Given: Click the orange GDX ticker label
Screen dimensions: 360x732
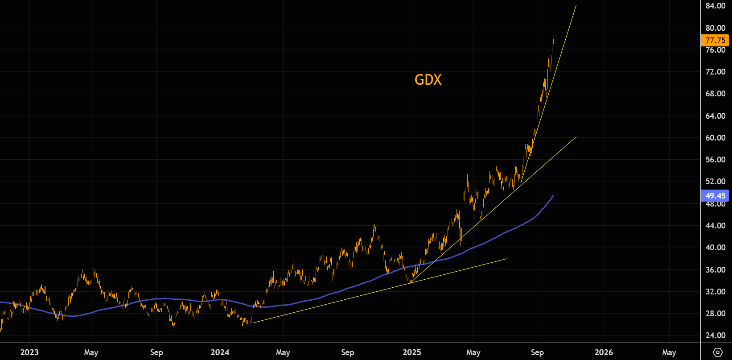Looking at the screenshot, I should [428, 79].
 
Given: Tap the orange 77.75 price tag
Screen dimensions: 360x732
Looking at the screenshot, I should [715, 41].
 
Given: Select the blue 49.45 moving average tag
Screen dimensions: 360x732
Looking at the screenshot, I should [715, 195].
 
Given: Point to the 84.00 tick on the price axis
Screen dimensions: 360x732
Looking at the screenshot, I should [715, 6].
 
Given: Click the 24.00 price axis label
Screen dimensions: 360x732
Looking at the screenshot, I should [715, 335].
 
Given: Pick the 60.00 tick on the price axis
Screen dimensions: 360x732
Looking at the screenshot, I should [715, 138].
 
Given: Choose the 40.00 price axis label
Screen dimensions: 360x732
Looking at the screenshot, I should [715, 248].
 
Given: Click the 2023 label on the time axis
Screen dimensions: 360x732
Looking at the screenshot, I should [29, 352].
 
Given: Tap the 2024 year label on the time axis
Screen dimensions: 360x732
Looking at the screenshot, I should [220, 352].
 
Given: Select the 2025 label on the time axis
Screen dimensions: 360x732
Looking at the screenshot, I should [411, 352].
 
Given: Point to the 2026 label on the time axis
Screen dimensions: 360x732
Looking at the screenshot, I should [604, 352].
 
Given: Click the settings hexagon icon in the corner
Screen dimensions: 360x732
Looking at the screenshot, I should [717, 352].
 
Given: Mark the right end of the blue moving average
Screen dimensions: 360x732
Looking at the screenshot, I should [553, 195].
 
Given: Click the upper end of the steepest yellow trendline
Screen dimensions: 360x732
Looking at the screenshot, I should [576, 5].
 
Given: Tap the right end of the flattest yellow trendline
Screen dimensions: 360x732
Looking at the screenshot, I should [507, 259].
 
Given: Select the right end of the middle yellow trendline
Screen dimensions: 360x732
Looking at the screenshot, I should [576, 137].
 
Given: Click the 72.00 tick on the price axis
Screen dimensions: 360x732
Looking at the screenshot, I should [715, 72].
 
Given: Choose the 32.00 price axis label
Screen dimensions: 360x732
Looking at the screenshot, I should [715, 292].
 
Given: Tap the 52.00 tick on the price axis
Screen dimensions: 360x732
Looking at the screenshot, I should [715, 182].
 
